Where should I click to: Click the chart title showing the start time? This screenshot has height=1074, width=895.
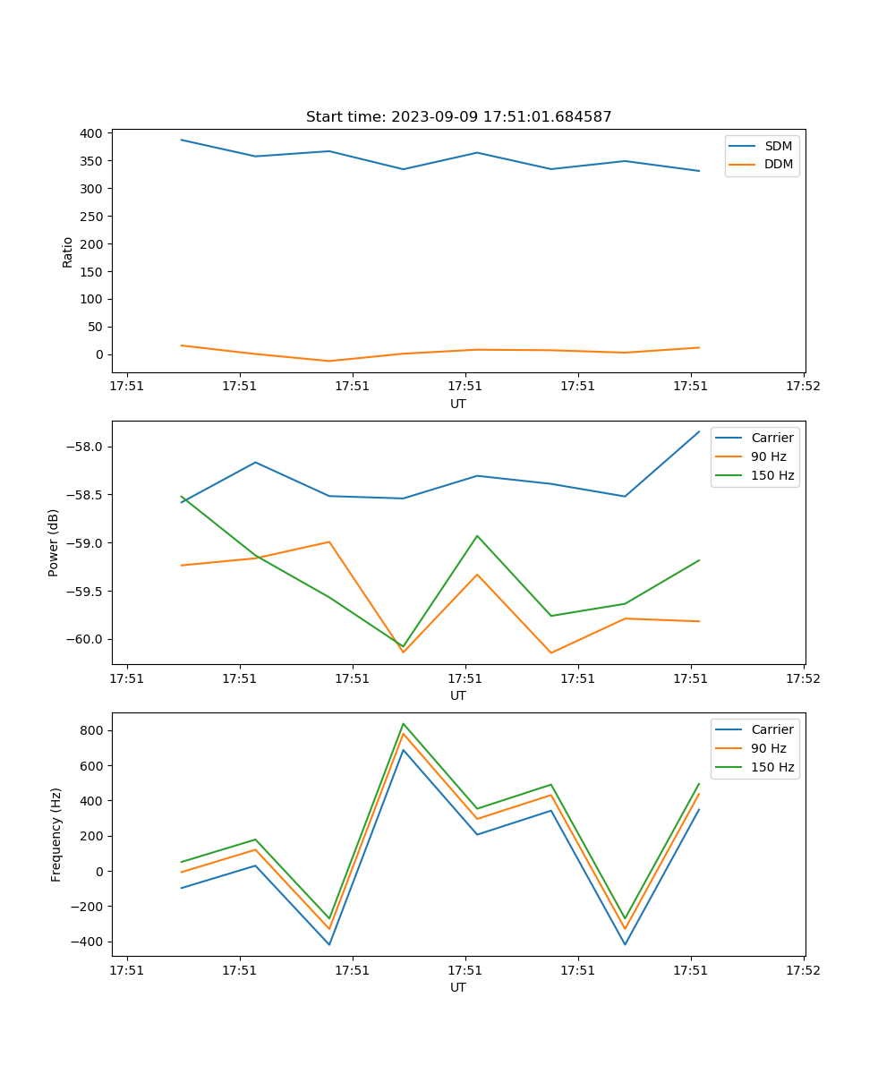458,117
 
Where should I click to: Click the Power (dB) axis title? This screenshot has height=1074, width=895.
54,542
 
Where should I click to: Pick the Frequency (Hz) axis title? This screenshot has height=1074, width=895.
55,834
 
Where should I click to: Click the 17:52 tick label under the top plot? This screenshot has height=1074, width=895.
803,387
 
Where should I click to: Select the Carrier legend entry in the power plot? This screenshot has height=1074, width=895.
771,438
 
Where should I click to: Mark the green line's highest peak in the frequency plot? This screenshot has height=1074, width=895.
404,724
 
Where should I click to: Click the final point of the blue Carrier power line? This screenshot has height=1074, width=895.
699,431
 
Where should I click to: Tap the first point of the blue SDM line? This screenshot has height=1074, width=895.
182,140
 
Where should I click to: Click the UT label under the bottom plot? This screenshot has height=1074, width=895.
458,987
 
